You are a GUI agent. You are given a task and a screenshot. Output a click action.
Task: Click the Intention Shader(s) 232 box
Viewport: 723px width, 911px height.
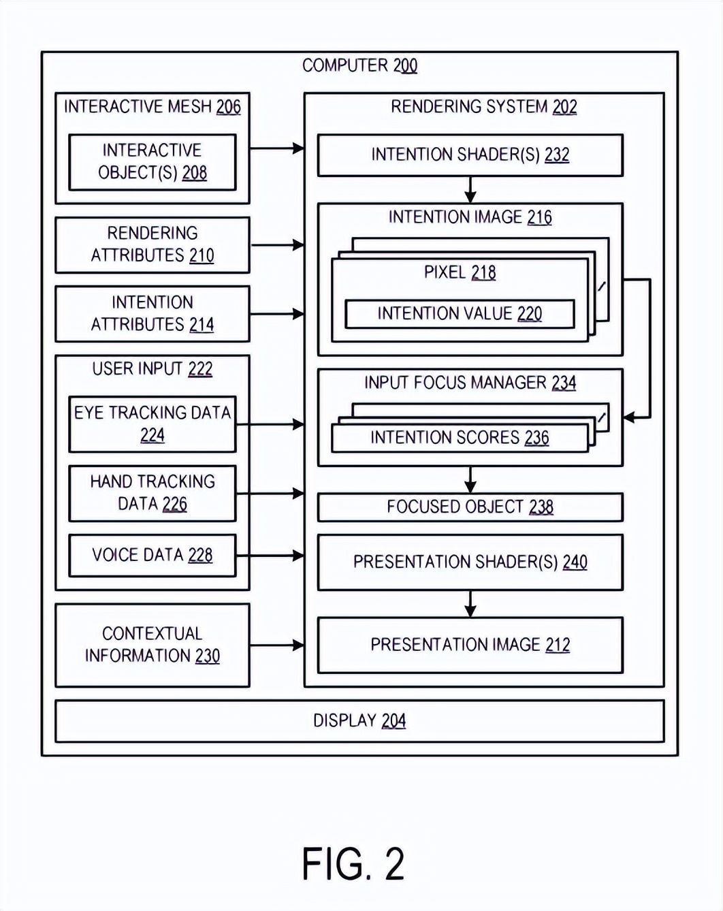coord(470,155)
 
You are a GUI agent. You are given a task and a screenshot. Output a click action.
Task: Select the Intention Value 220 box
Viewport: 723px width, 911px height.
coord(460,314)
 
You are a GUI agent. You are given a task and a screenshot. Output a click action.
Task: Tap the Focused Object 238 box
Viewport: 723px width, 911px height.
coord(470,507)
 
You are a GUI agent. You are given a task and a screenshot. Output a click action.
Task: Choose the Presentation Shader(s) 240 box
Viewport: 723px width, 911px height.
coord(470,562)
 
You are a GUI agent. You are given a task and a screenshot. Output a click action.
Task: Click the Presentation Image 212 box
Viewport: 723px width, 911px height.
coord(470,645)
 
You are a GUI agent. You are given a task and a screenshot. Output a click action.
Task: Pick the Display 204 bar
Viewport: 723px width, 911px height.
coord(359,721)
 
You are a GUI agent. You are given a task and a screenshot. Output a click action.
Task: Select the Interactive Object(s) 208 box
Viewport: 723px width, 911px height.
coord(152,162)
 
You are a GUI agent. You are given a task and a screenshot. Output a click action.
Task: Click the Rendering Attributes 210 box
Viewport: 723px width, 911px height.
coord(152,244)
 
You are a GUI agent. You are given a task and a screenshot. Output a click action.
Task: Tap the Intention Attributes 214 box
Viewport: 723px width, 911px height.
coord(152,314)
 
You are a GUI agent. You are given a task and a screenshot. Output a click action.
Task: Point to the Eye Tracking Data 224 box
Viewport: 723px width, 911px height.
coord(152,424)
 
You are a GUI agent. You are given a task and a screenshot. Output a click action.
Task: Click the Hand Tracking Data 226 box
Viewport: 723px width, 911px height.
coord(152,493)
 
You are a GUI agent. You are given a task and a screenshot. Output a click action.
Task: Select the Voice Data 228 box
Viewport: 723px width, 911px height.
coord(152,556)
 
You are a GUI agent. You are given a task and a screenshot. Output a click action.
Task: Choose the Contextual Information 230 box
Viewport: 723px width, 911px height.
coord(152,645)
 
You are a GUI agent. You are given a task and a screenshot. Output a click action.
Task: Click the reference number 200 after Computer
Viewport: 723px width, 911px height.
coord(405,66)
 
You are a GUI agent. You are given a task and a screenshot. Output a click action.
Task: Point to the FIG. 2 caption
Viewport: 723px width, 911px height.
coord(353,864)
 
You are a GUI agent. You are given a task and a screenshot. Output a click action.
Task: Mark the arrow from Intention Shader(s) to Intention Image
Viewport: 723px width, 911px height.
coord(470,189)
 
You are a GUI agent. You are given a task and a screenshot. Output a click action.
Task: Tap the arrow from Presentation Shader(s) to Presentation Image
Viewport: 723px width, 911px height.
coord(470,603)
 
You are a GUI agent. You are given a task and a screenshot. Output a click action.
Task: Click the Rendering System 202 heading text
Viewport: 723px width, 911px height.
coord(483,107)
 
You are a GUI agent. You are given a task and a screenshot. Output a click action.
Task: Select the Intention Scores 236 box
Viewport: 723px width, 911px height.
coord(460,438)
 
